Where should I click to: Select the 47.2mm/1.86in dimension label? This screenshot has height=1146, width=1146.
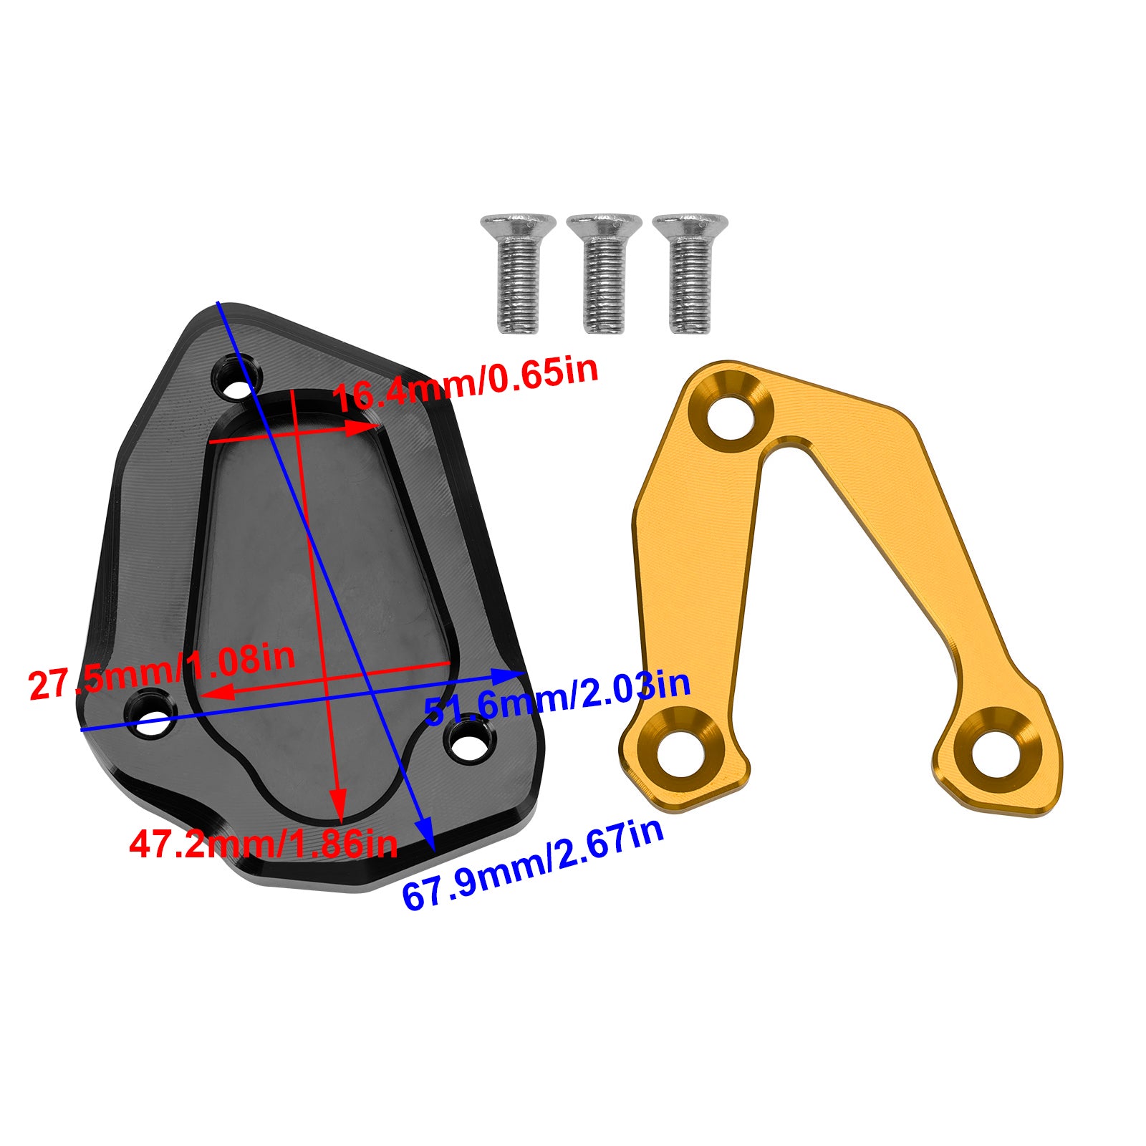point(263,843)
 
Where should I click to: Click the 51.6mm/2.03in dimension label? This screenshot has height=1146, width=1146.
point(558,695)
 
